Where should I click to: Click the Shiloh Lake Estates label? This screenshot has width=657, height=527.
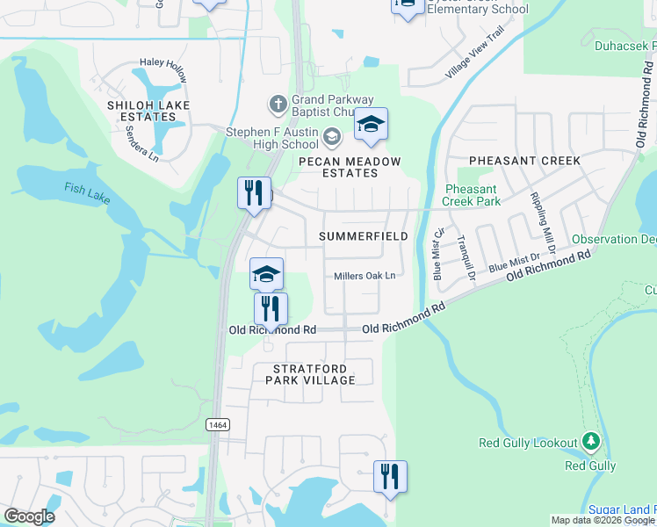(x=142, y=111)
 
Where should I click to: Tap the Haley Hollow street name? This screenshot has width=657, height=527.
(x=163, y=70)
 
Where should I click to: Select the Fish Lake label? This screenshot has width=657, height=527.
(x=87, y=192)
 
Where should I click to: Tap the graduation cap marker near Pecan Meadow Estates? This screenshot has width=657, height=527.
(x=371, y=126)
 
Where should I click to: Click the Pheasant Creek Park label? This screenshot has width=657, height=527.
(x=472, y=195)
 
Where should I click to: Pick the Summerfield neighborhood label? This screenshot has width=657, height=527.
(x=363, y=236)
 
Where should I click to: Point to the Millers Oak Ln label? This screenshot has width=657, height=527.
(x=365, y=276)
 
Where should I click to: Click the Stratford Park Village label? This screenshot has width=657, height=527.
(x=314, y=374)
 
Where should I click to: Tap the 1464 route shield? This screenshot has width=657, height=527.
(x=218, y=424)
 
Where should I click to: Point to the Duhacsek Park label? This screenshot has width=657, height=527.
(x=625, y=45)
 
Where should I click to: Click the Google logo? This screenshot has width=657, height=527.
(x=29, y=516)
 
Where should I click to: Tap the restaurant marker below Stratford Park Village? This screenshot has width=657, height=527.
(x=390, y=475)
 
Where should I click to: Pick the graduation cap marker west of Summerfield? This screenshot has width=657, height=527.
(x=266, y=273)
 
